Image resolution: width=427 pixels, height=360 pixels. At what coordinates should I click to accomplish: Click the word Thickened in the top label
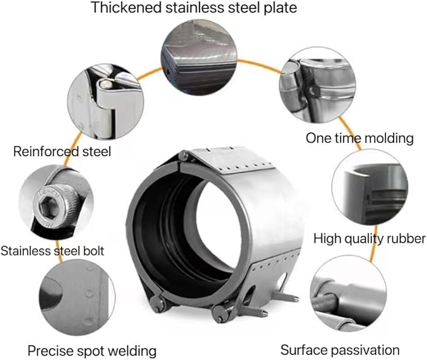[126, 8]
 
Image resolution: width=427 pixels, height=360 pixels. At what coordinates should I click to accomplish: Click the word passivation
[364, 350]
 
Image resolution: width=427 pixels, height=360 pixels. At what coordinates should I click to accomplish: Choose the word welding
[126, 351]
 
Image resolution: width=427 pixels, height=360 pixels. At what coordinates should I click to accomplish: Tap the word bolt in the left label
[94, 250]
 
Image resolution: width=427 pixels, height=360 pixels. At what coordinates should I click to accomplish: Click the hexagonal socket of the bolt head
[48, 207]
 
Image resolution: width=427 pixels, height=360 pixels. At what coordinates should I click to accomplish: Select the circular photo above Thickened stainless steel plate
[199, 57]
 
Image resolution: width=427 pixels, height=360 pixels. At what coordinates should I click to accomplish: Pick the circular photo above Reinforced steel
[106, 102]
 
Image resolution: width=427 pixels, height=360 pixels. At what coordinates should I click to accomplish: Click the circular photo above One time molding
[318, 85]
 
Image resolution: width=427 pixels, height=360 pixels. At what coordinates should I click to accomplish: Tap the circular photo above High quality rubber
[370, 187]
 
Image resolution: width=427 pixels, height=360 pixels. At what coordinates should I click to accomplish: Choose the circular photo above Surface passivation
[348, 293]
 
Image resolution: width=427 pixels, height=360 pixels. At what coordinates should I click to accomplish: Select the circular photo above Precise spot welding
[77, 297]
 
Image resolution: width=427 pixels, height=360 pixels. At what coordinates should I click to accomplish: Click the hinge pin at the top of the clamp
[183, 157]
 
